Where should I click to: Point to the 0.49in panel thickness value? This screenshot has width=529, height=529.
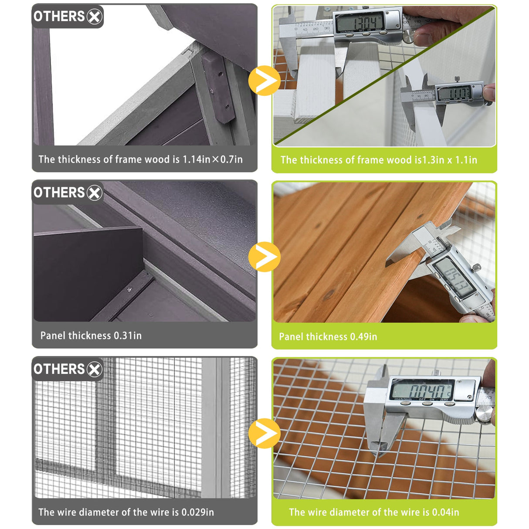pyautogui.click(x=363, y=337)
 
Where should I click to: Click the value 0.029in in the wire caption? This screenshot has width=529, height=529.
pyautogui.click(x=197, y=512)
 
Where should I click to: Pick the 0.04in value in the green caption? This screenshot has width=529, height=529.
pyautogui.click(x=445, y=512)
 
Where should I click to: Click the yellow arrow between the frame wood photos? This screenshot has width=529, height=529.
pyautogui.click(x=264, y=81)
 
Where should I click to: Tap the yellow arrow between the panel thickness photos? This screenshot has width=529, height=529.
pyautogui.click(x=264, y=257)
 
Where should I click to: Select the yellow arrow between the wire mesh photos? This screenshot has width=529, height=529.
pyautogui.click(x=264, y=434)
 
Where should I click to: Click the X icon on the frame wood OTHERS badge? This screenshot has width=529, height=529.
pyautogui.click(x=94, y=17)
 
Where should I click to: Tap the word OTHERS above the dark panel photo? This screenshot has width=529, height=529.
pyautogui.click(x=59, y=193)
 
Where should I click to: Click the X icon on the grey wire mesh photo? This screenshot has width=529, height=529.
pyautogui.click(x=94, y=370)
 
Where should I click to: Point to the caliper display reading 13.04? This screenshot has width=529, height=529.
pyautogui.click(x=359, y=21)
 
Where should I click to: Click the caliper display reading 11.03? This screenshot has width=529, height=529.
pyautogui.click(x=454, y=93)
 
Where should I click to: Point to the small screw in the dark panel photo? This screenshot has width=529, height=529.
pyautogui.click(x=129, y=289)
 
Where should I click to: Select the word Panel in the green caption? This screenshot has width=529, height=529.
pyautogui.click(x=292, y=337)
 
